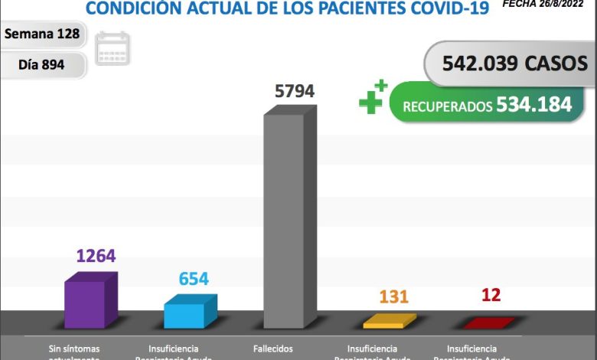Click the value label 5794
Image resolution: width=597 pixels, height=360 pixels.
pyautogui.click(x=295, y=91)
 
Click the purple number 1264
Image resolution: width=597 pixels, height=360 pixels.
pyautogui.click(x=96, y=256)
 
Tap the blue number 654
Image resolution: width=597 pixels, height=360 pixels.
pyautogui.click(x=194, y=279)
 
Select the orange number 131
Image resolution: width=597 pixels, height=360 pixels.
pyautogui.click(x=393, y=296)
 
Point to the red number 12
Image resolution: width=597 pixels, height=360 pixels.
pyautogui.click(x=491, y=295)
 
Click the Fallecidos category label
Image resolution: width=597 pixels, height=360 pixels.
pyautogui.click(x=272, y=349)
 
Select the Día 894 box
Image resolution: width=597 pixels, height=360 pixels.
pyautogui.click(x=41, y=65)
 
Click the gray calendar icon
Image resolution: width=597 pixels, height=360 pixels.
pyautogui.click(x=113, y=48)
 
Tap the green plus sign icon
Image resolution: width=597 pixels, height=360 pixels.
pyautogui.click(x=373, y=98)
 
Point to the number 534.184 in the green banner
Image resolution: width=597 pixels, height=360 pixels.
pyautogui.click(x=533, y=104)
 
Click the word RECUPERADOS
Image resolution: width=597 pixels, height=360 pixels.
pyautogui.click(x=448, y=106)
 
